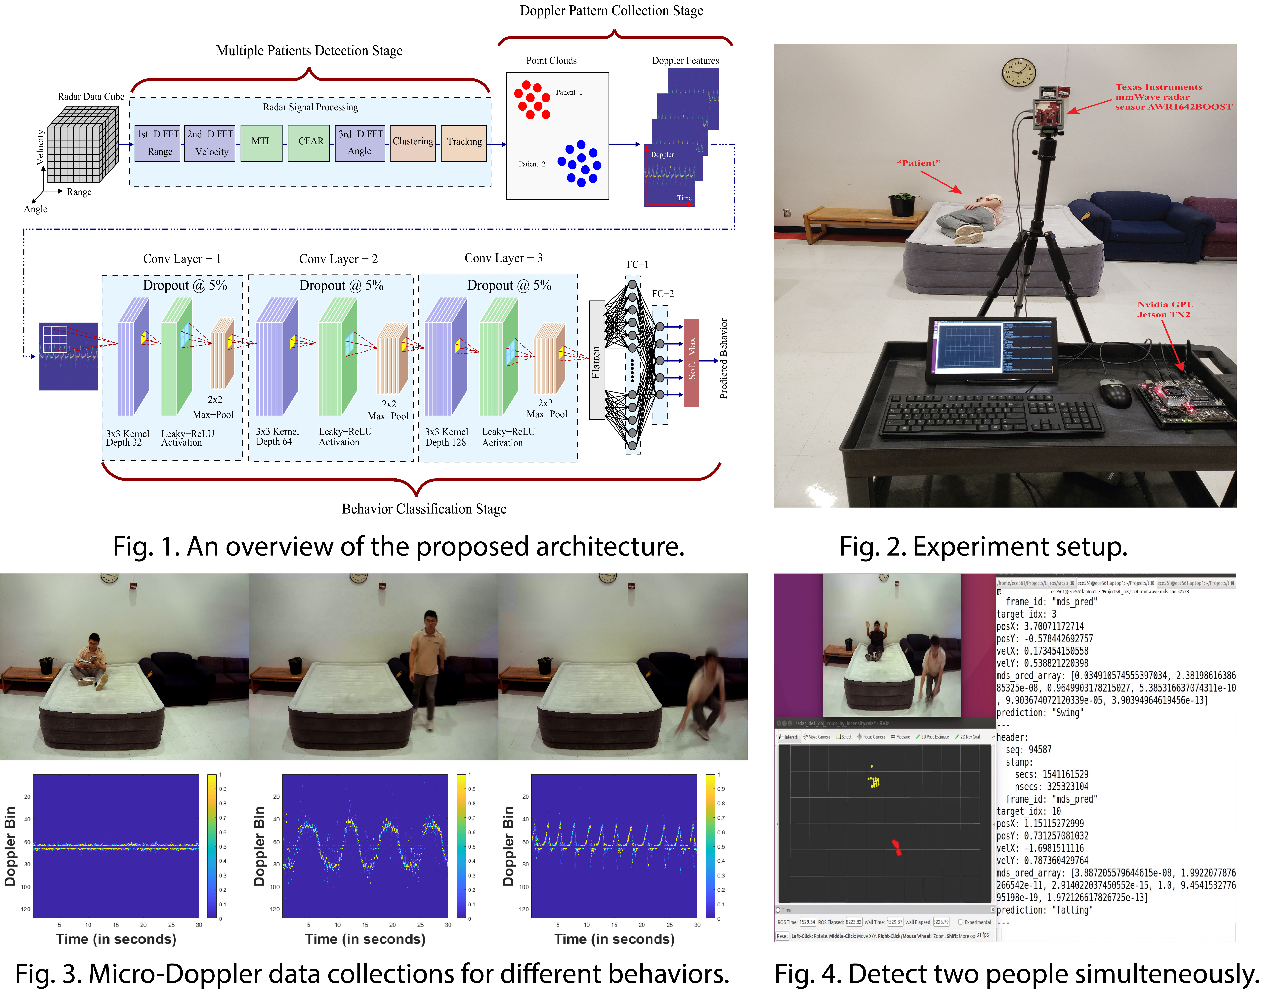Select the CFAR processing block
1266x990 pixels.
click(x=311, y=142)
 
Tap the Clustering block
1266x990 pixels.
click(x=413, y=142)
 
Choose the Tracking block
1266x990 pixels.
click(x=464, y=142)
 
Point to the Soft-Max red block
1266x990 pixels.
click(x=691, y=362)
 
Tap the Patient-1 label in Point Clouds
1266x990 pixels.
click(x=569, y=92)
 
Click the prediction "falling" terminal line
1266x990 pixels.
click(x=1045, y=910)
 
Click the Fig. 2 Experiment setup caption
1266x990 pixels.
click(x=983, y=547)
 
